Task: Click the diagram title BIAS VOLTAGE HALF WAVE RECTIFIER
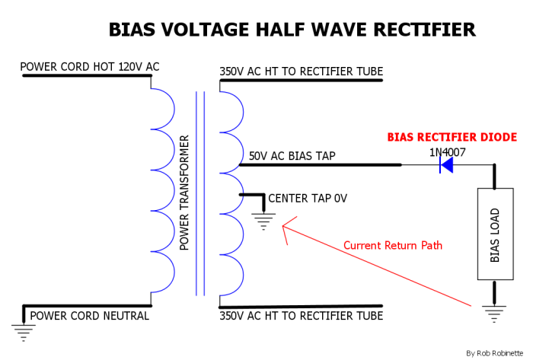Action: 292,30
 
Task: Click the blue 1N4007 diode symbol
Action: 447,164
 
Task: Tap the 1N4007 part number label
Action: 447,152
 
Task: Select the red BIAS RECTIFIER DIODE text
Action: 452,137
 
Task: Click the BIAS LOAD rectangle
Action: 495,234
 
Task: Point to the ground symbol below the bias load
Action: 495,311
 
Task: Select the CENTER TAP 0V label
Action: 308,199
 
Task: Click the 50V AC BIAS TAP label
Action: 292,157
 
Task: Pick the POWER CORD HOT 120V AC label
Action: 90,67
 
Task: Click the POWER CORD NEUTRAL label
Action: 89,316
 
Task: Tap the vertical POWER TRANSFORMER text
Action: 184,193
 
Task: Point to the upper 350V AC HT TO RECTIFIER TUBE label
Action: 301,72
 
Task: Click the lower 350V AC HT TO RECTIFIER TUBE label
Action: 301,316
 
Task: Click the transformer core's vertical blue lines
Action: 200,193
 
